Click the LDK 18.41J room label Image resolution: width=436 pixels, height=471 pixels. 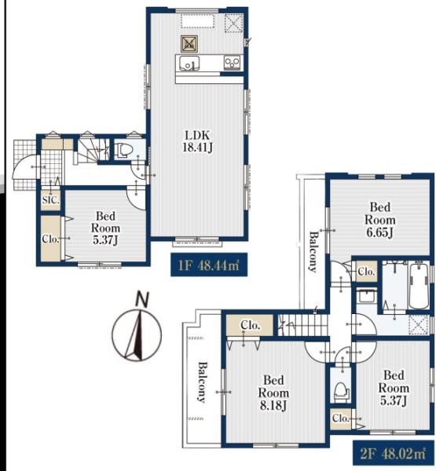click(x=197, y=141)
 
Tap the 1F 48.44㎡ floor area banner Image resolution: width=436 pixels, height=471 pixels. click(x=209, y=265)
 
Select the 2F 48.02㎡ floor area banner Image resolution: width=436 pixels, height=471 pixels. click(x=393, y=454)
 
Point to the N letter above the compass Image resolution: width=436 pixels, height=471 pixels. click(x=142, y=298)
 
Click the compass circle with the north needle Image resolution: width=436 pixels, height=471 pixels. click(x=137, y=334)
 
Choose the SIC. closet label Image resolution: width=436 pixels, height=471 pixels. click(x=50, y=200)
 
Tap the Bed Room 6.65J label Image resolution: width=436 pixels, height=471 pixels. click(x=379, y=220)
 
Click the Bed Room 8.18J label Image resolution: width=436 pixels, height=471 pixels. click(x=273, y=393)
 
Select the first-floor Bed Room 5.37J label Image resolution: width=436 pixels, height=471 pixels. click(x=105, y=228)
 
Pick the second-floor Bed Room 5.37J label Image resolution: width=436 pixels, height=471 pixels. click(x=394, y=388)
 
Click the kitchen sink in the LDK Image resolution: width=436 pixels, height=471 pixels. click(x=189, y=63)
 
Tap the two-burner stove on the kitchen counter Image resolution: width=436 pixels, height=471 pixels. click(x=233, y=63)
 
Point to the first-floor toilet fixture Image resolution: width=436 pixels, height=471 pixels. click(x=123, y=150)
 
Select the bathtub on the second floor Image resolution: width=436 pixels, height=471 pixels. click(x=420, y=286)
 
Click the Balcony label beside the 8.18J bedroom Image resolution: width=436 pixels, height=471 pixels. click(x=202, y=382)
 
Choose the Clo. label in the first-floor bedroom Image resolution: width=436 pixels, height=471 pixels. click(x=50, y=239)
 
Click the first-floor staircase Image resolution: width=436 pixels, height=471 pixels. click(x=91, y=151)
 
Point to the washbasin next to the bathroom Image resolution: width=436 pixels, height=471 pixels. click(x=366, y=296)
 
